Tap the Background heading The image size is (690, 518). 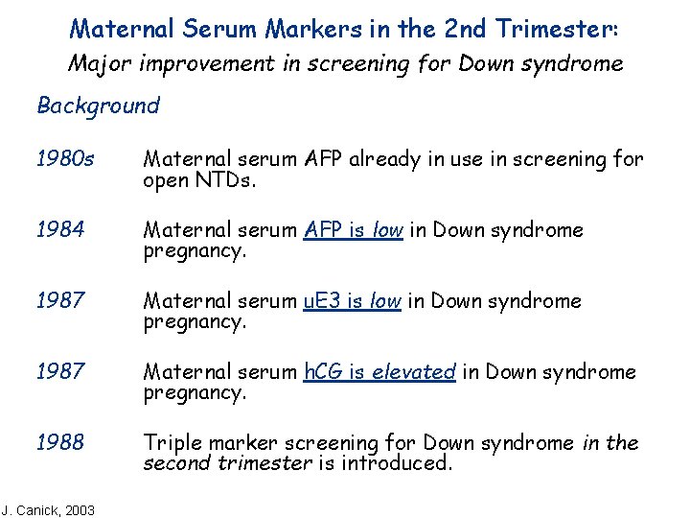(98, 106)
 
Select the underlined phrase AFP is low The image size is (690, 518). (353, 230)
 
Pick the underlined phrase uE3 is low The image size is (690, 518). (352, 301)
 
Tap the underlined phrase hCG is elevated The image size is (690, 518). (379, 372)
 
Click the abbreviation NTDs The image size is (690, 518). (221, 180)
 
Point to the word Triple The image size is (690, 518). (173, 443)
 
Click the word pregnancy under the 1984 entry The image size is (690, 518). (195, 251)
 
